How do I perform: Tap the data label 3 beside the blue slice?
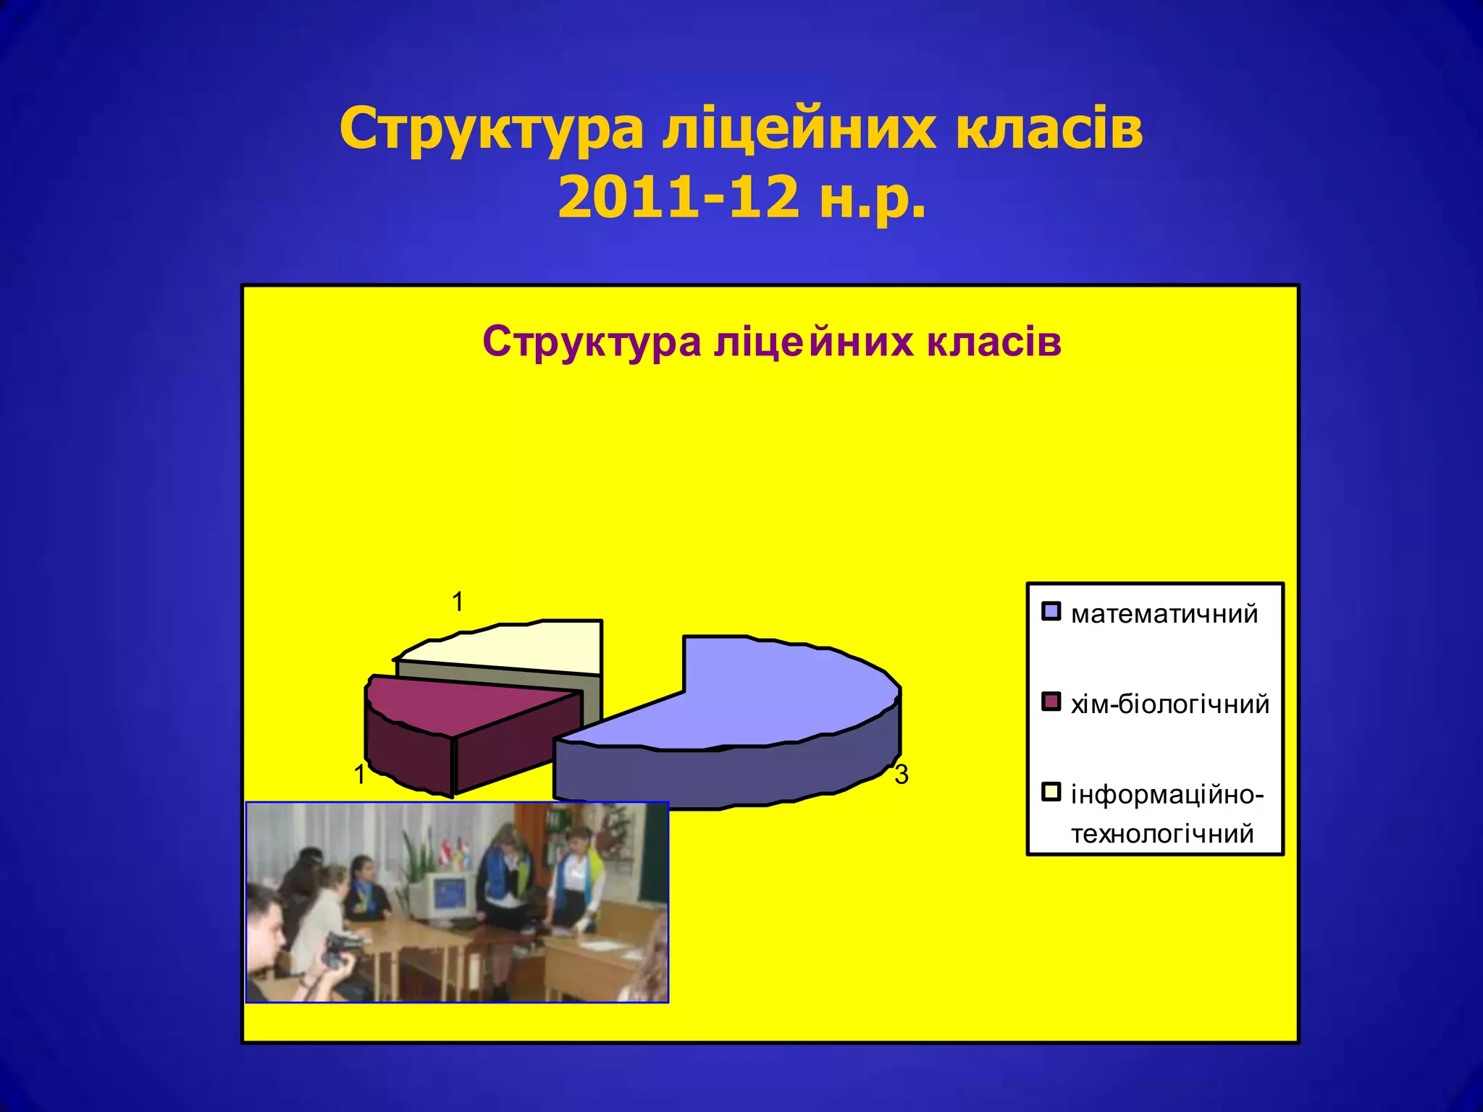[901, 775]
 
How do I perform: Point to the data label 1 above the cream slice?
[458, 602]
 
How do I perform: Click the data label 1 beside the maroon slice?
[359, 775]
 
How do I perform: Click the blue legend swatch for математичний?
[1051, 612]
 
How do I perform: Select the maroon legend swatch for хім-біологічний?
[1051, 702]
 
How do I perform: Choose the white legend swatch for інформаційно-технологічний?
[1051, 792]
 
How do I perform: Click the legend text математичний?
[1164, 614]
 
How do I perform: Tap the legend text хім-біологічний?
[1169, 704]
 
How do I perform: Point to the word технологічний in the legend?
[1162, 834]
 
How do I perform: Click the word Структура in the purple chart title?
[592, 342]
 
